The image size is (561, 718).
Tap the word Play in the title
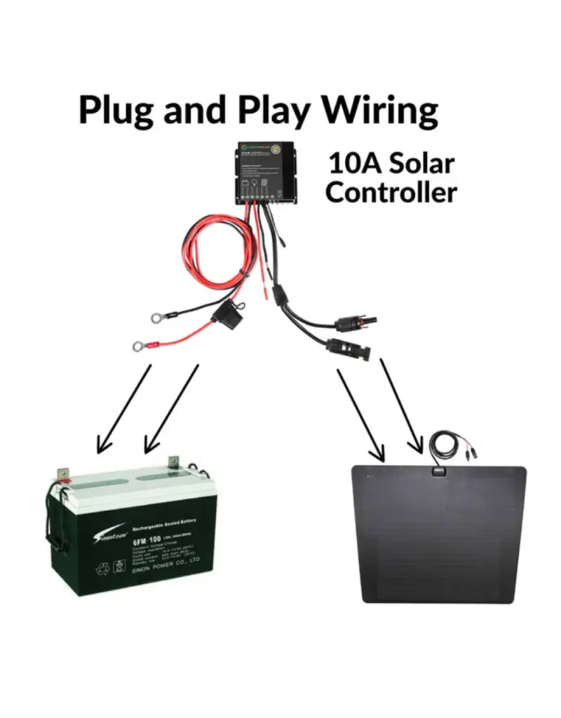coord(273,110)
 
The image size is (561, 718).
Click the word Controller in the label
coord(391,191)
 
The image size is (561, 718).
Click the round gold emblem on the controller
coord(286,149)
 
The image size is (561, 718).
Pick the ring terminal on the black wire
coord(155,318)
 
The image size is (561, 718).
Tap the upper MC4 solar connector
coord(356,323)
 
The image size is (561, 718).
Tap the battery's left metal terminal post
coord(64,473)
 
